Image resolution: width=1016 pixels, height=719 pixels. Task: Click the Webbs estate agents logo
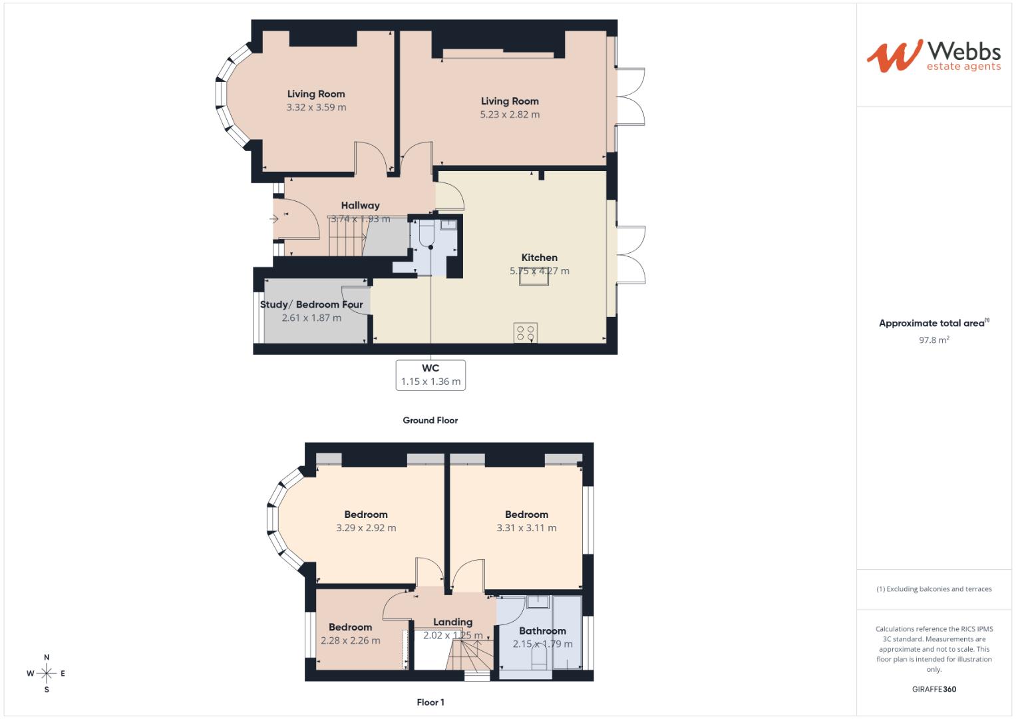933,55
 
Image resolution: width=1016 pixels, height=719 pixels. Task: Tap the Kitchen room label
539,258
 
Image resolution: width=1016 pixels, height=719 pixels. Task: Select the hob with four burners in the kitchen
526,332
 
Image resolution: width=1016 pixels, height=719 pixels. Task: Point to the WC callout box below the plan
430,375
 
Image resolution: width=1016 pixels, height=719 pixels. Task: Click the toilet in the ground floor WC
426,232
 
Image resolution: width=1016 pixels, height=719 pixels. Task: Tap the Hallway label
360,206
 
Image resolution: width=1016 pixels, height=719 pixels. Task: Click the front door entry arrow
275,218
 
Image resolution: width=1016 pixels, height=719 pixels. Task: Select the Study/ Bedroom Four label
311,305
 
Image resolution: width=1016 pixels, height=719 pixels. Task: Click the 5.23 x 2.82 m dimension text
510,115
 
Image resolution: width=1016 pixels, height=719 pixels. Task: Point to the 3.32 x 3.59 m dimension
316,107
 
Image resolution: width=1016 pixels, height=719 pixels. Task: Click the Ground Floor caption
430,420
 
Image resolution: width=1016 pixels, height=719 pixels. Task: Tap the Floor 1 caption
430,702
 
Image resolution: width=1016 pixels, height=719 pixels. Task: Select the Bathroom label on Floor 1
542,631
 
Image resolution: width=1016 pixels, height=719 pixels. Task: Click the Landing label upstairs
452,622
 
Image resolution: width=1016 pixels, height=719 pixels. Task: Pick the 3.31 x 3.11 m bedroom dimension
526,528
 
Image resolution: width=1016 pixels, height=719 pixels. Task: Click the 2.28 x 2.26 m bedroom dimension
350,640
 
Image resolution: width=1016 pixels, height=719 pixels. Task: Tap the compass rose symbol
47,674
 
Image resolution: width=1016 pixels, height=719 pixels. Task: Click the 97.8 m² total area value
933,340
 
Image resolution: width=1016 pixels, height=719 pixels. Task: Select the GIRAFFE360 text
933,689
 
